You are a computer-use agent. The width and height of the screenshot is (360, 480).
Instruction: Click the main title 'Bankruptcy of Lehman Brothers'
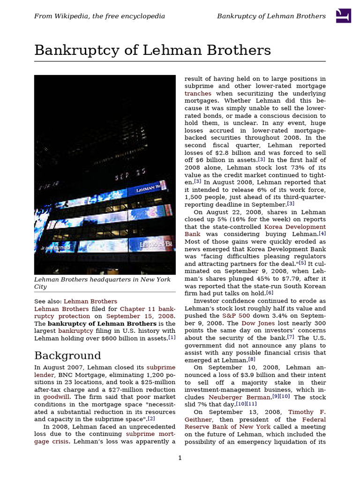coord(152,50)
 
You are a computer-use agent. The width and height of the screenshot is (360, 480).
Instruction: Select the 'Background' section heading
coord(67,355)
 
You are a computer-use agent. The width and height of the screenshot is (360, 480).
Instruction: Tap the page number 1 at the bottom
coord(180,457)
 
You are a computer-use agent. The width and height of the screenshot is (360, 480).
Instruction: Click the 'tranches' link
coord(198,93)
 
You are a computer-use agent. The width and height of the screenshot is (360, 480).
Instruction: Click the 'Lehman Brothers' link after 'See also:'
coord(90,301)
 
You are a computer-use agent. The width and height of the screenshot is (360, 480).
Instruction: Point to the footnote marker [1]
coord(172,337)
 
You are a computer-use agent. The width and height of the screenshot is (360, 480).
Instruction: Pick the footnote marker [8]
coord(252,360)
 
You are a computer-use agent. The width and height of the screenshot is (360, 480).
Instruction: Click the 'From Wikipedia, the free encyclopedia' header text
coord(99,16)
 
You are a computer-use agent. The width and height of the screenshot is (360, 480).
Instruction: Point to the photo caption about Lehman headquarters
coord(102,283)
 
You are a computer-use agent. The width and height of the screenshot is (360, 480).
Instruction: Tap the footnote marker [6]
coord(270,293)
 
